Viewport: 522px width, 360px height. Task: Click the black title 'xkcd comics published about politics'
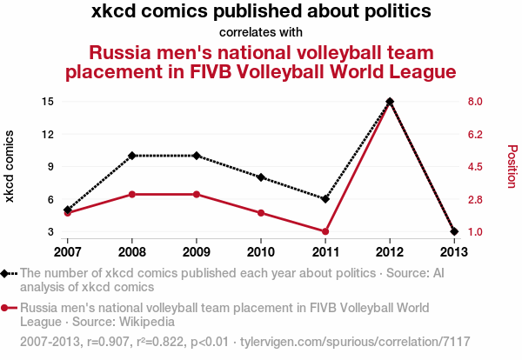click(x=261, y=12)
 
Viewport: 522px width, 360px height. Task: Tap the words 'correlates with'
click(x=261, y=32)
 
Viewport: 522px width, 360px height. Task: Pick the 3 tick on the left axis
click(x=50, y=232)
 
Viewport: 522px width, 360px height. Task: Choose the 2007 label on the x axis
click(x=67, y=252)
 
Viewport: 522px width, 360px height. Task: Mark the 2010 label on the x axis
click(x=261, y=252)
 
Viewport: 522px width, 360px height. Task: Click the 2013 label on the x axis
click(x=454, y=252)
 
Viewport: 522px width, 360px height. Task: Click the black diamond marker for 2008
click(x=132, y=156)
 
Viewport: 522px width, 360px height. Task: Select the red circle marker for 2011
click(x=325, y=231)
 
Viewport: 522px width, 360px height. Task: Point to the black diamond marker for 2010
click(x=261, y=177)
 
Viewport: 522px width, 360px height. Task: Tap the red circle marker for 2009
click(x=197, y=194)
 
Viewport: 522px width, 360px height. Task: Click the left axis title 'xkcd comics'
click(x=10, y=166)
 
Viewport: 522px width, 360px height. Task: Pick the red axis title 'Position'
click(x=512, y=166)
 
